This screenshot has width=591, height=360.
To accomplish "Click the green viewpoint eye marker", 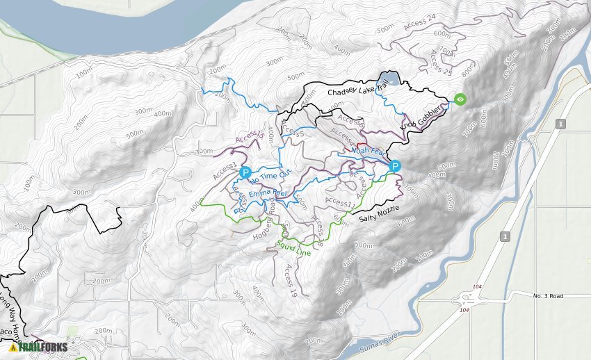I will (460, 99).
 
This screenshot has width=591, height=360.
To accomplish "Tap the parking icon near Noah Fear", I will (395, 166).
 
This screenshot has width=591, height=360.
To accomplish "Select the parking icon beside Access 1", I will (245, 172).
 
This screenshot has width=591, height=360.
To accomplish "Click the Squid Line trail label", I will (293, 247).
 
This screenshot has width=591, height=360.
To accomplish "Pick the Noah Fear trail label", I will (368, 150).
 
